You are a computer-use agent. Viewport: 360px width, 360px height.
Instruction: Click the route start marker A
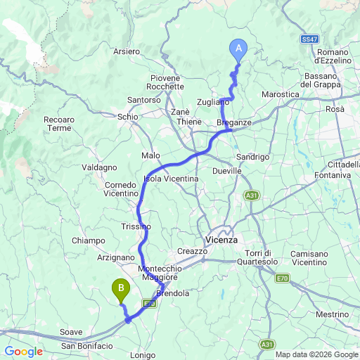click(238, 49)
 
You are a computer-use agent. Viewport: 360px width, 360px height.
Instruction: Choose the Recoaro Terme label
click(59, 124)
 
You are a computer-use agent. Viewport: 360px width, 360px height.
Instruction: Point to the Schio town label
click(128, 117)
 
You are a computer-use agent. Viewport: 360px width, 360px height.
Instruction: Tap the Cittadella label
click(342, 165)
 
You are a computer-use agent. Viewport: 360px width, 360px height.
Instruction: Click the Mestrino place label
click(332, 314)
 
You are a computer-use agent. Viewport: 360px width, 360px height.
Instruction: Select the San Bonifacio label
click(87, 345)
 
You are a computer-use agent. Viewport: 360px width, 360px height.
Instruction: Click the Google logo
click(23, 352)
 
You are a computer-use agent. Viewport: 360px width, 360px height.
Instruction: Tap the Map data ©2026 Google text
click(316, 354)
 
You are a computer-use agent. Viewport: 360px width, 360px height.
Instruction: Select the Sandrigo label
click(253, 157)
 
